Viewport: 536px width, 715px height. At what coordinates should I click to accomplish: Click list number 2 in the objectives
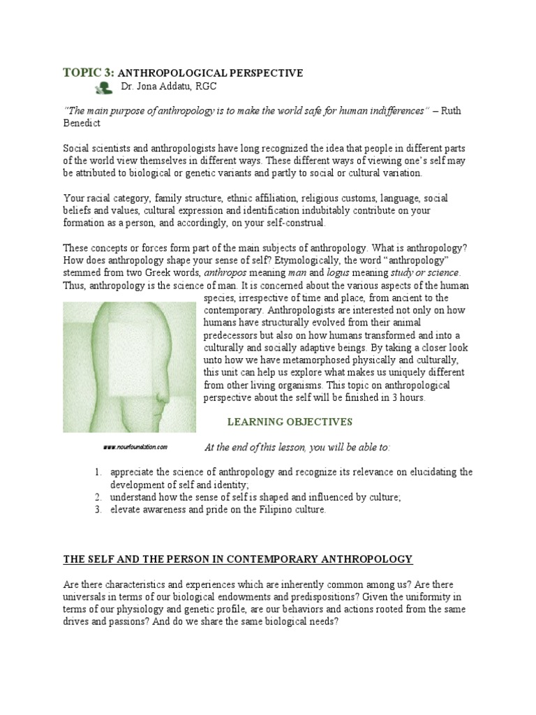98,497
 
